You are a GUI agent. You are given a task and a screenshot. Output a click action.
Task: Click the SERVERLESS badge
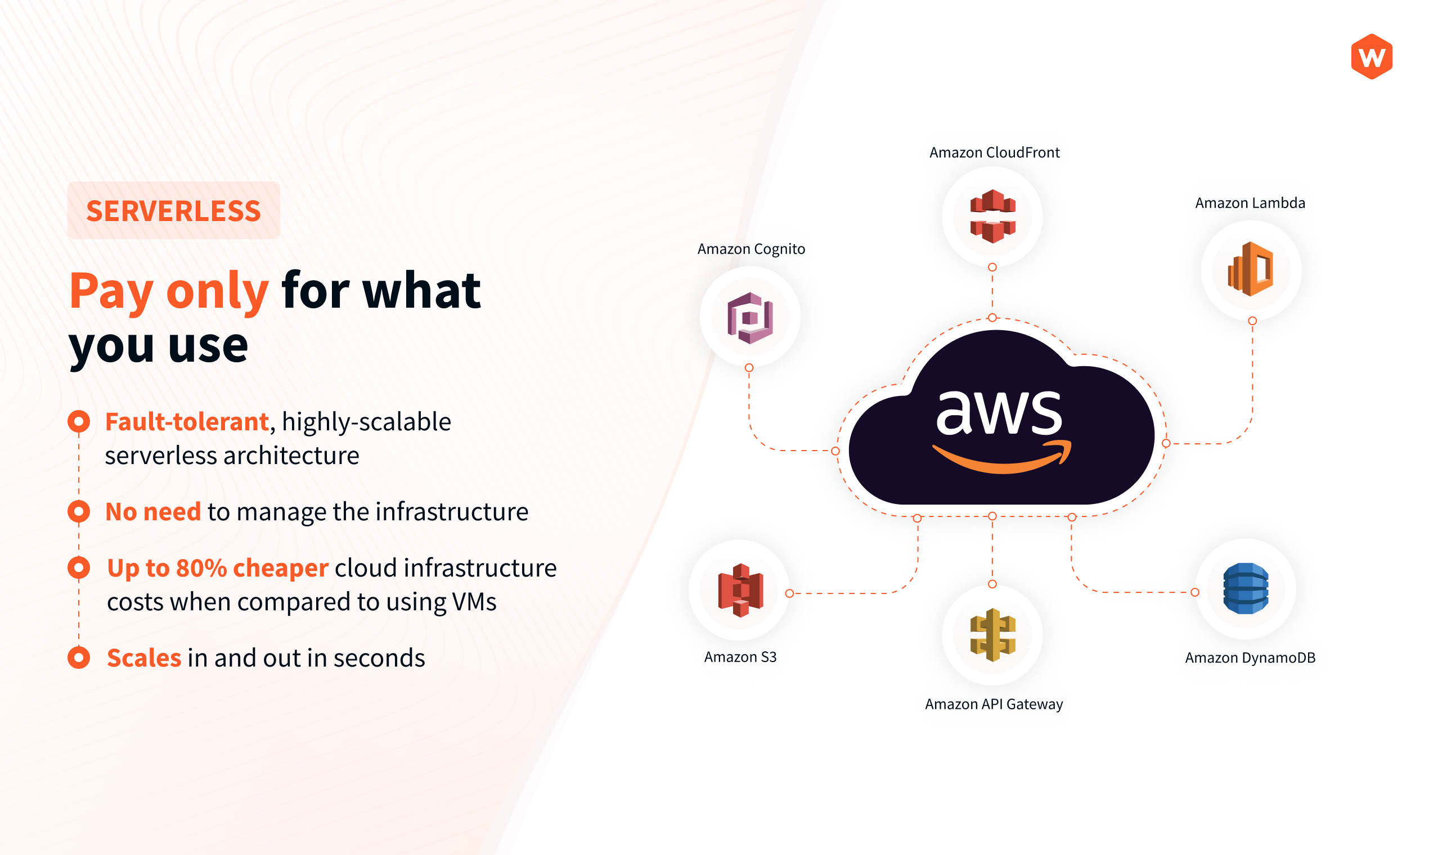(173, 210)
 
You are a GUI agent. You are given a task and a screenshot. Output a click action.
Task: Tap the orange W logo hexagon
(1372, 56)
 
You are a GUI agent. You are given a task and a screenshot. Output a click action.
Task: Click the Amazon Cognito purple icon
(749, 317)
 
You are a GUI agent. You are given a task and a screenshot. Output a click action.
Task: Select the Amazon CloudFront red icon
(992, 216)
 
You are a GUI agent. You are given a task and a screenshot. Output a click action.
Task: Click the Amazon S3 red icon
(740, 590)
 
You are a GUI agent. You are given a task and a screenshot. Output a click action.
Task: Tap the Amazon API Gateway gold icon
(992, 634)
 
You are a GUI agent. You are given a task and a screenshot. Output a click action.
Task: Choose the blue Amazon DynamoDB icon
(1246, 588)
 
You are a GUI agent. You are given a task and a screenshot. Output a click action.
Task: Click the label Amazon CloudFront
(995, 152)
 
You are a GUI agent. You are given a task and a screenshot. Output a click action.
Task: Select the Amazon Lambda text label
(1250, 204)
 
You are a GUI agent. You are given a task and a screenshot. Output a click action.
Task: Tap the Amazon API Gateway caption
(994, 704)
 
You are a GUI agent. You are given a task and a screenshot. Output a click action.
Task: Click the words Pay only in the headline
(169, 291)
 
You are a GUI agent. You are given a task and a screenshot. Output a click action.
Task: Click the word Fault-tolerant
(187, 422)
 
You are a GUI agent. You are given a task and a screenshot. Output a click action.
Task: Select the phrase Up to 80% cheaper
(218, 568)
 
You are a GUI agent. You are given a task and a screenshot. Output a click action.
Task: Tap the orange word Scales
(144, 658)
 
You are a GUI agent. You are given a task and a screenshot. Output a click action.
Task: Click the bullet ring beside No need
(79, 511)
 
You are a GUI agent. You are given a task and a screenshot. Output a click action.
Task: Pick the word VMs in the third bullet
(474, 602)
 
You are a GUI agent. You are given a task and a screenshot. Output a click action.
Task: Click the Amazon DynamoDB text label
(1250, 658)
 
